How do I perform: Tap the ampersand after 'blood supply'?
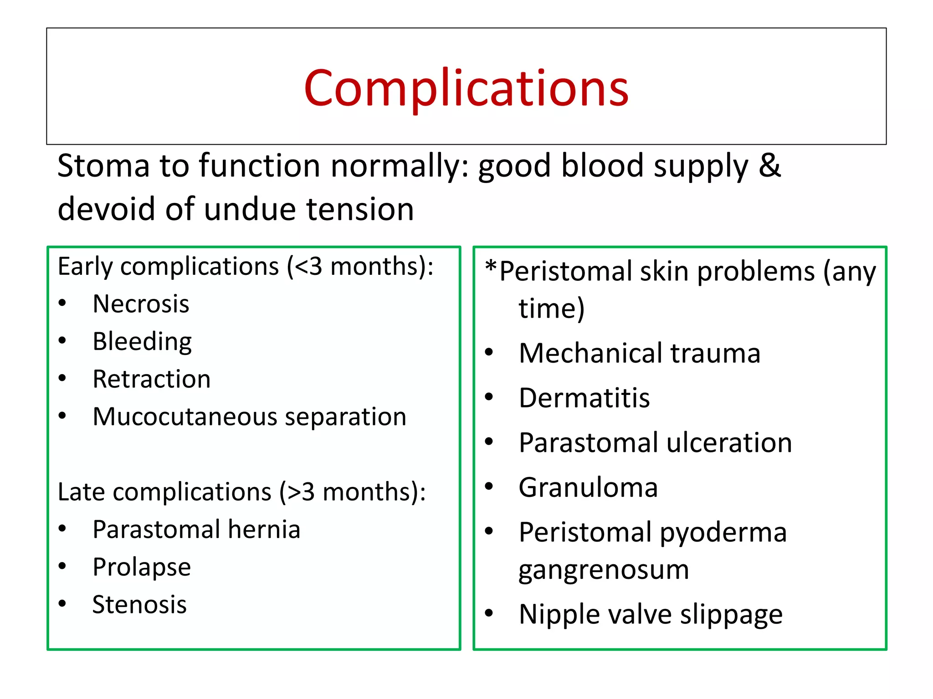click(x=769, y=165)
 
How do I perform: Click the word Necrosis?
click(x=141, y=304)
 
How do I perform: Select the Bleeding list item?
click(x=142, y=342)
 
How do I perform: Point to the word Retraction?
click(x=151, y=379)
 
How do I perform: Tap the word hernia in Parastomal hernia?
click(x=264, y=530)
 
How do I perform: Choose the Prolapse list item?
click(x=142, y=567)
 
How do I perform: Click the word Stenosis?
click(x=139, y=605)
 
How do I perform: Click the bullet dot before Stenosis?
click(x=62, y=604)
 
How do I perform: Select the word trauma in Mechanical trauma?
click(x=715, y=353)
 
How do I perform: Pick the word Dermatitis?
click(x=584, y=398)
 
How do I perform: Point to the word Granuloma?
click(x=588, y=487)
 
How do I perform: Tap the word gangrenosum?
click(x=604, y=570)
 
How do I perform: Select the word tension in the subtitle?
click(x=360, y=209)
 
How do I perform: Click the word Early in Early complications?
click(x=85, y=267)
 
